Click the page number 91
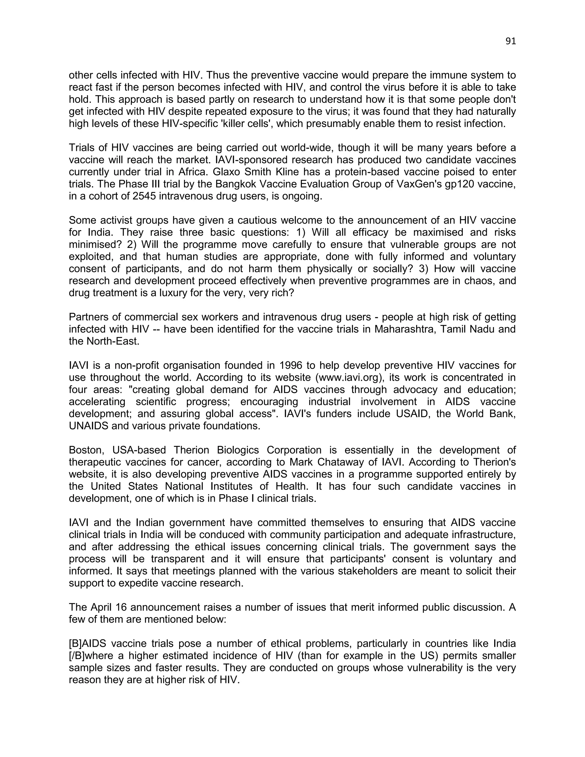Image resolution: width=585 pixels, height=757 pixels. (x=510, y=41)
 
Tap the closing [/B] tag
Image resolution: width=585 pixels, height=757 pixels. (x=77, y=656)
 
